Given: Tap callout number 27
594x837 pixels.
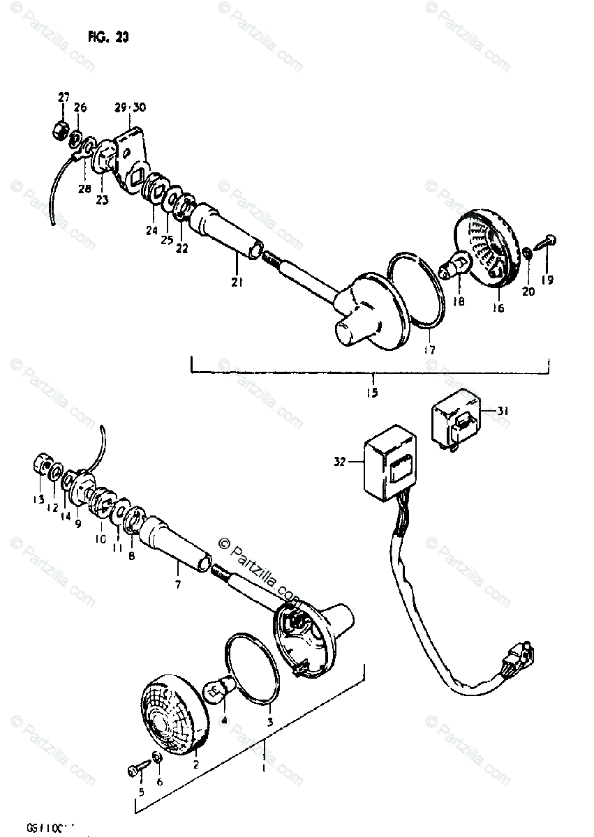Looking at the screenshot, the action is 64,97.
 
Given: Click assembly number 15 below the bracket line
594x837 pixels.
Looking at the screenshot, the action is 371,393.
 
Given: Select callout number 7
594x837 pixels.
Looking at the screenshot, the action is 177,584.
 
